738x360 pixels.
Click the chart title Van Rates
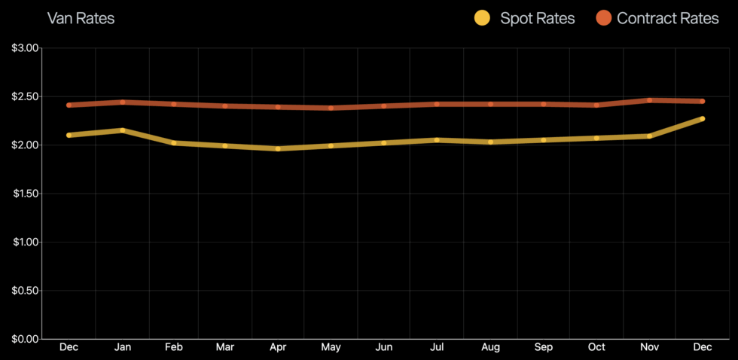(81, 18)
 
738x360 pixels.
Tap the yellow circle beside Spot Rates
(482, 18)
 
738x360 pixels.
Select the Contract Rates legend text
(667, 18)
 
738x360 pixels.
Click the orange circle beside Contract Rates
(604, 18)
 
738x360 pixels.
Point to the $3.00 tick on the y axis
(25, 48)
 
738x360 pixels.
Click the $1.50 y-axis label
(25, 194)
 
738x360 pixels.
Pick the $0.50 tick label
(25, 290)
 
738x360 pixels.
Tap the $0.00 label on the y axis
(25, 339)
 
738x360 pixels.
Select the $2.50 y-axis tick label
(25, 96)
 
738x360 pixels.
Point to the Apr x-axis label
(279, 347)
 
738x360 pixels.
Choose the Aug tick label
(490, 347)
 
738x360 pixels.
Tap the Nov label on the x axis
(649, 347)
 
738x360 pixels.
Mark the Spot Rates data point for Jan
(121, 130)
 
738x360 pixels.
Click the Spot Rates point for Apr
(279, 148)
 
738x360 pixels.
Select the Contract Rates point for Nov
(649, 99)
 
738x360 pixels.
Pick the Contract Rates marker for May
(331, 108)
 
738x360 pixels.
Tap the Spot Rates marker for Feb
(174, 142)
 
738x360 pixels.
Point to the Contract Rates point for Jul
(438, 104)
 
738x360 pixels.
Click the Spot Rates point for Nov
(649, 136)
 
